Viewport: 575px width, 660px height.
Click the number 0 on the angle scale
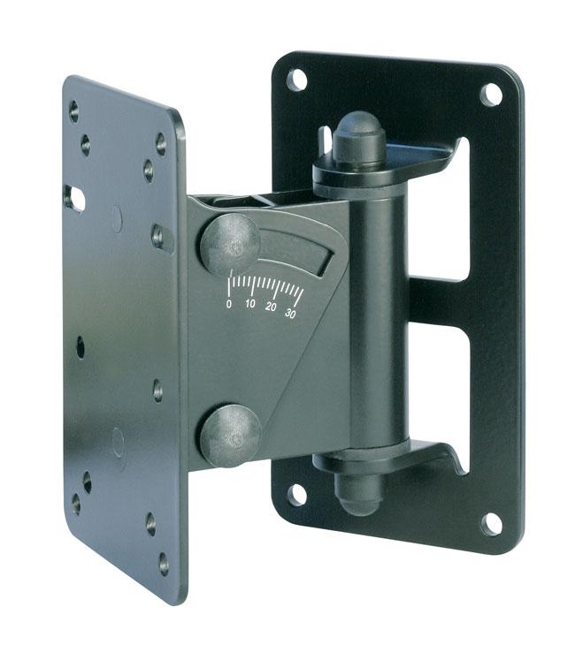point(229,304)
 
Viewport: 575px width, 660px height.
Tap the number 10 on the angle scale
point(250,304)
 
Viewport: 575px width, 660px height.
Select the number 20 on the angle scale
point(271,307)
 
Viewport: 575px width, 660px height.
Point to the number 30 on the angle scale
point(290,313)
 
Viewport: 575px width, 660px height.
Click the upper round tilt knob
point(230,244)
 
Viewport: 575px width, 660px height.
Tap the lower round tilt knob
point(231,436)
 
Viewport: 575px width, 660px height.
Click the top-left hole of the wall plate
point(296,80)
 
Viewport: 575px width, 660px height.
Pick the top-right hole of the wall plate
point(492,95)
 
